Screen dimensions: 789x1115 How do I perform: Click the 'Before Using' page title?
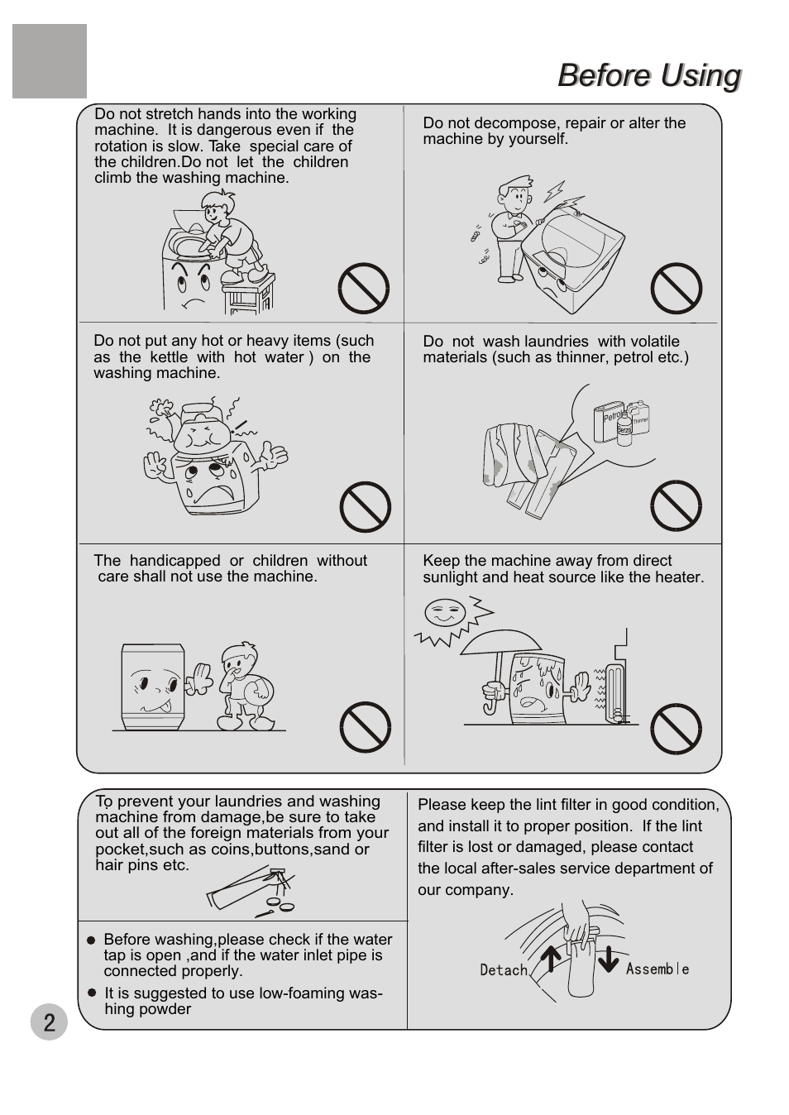(649, 75)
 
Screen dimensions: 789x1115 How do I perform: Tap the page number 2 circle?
(49, 1022)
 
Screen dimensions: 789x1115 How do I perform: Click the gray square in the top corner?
(50, 61)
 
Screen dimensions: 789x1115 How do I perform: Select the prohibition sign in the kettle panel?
(366, 507)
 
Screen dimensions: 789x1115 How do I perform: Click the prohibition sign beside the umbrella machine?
(676, 729)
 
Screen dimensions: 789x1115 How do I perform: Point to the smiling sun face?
(444, 612)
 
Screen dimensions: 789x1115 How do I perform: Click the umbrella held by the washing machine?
(500, 662)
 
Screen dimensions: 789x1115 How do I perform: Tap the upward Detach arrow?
(551, 958)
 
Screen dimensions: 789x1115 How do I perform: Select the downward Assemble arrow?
(609, 959)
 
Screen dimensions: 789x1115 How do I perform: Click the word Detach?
(504, 969)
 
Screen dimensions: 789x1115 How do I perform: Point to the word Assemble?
(657, 969)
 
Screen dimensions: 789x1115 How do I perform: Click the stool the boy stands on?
(248, 294)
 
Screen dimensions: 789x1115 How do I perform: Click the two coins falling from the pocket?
(280, 903)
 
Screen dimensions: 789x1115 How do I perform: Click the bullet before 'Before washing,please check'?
(91, 940)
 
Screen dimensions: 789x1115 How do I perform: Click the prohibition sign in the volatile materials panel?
(676, 505)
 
